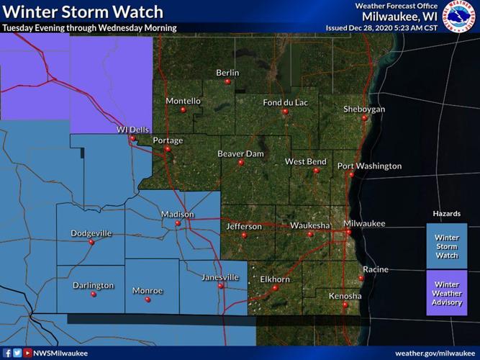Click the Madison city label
coord(178,215)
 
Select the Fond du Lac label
coord(285,103)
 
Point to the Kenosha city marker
coord(345,305)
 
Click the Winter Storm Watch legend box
coord(446,246)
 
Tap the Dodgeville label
coord(91,233)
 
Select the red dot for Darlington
coord(93,295)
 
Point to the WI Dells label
coord(132,130)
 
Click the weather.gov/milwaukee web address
coord(434,353)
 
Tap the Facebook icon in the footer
coord(7,353)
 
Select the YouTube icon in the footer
coord(27,353)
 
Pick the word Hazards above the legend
coord(446,215)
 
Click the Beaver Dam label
coord(240,153)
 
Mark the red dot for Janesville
coord(220,285)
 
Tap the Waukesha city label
coord(310,225)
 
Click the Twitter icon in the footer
coord(17,353)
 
